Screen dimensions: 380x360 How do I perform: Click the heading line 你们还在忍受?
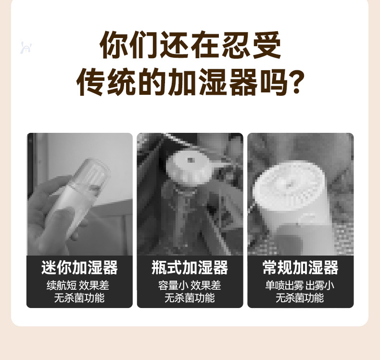pyautogui.click(x=190, y=45)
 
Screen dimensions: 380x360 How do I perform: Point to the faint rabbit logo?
pyautogui.click(x=25, y=48)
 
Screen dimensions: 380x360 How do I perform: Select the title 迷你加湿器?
pyautogui.click(x=79, y=268)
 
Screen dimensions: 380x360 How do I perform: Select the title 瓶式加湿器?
pyautogui.click(x=190, y=268)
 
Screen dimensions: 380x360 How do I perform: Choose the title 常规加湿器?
pyautogui.click(x=300, y=268)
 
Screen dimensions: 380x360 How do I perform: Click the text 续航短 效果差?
pyautogui.click(x=78, y=285)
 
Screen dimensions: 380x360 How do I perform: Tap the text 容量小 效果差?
pyautogui.click(x=190, y=285)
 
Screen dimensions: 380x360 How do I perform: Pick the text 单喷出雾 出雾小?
pyautogui.click(x=300, y=285)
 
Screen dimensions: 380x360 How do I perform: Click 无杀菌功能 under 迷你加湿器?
pyautogui.click(x=79, y=298)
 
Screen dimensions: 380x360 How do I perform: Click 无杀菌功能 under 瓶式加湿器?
pyautogui.click(x=190, y=298)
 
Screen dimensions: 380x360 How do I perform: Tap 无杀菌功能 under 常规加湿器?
pyautogui.click(x=300, y=298)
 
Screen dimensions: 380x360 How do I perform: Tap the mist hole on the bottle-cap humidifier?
pyautogui.click(x=190, y=160)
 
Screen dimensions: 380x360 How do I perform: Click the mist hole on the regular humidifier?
pyautogui.click(x=289, y=186)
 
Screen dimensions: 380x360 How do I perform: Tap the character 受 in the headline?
pyautogui.click(x=267, y=45)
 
